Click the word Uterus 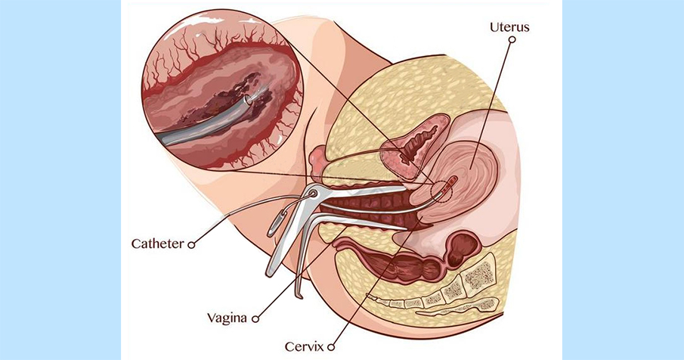pyautogui.click(x=509, y=27)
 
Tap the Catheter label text pyautogui.click(x=158, y=244)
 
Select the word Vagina pyautogui.click(x=227, y=317)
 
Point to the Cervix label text pyautogui.click(x=304, y=347)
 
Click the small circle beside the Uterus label pyautogui.click(x=512, y=39)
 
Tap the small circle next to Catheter pyautogui.click(x=191, y=245)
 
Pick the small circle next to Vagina pyautogui.click(x=255, y=319)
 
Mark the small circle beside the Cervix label pyautogui.click(x=331, y=347)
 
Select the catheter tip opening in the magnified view pyautogui.click(x=247, y=100)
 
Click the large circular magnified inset pyautogui.click(x=222, y=89)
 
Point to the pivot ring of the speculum pyautogui.click(x=312, y=194)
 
